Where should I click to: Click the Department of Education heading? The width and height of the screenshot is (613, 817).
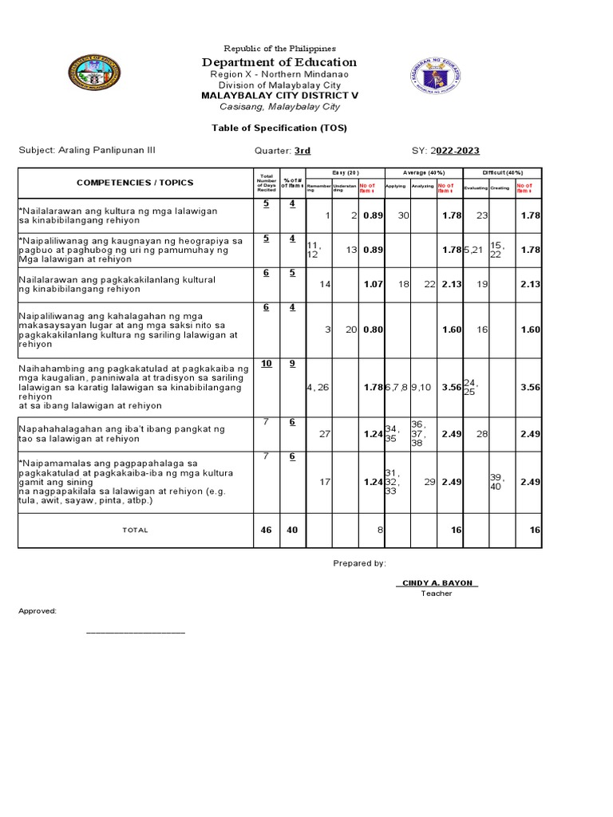(279, 62)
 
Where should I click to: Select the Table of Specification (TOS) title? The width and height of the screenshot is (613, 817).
(279, 128)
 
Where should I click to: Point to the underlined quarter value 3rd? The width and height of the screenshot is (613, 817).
(303, 150)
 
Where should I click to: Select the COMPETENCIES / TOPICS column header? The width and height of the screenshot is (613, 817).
(135, 182)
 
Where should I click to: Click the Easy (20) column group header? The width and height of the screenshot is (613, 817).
(345, 172)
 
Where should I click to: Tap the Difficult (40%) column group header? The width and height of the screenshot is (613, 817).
(502, 172)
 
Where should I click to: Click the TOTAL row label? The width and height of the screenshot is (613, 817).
(135, 530)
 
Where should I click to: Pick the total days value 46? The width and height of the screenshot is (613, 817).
(265, 530)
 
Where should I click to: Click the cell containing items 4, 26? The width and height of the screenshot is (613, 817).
(318, 388)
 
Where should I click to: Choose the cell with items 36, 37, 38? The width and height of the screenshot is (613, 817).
(421, 434)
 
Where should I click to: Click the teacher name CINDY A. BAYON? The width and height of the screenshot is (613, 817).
(437, 582)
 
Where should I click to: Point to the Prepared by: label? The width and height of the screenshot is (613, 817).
(359, 562)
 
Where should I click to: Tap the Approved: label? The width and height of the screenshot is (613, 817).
(38, 610)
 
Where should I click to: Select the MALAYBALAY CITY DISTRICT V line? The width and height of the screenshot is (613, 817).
(279, 95)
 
